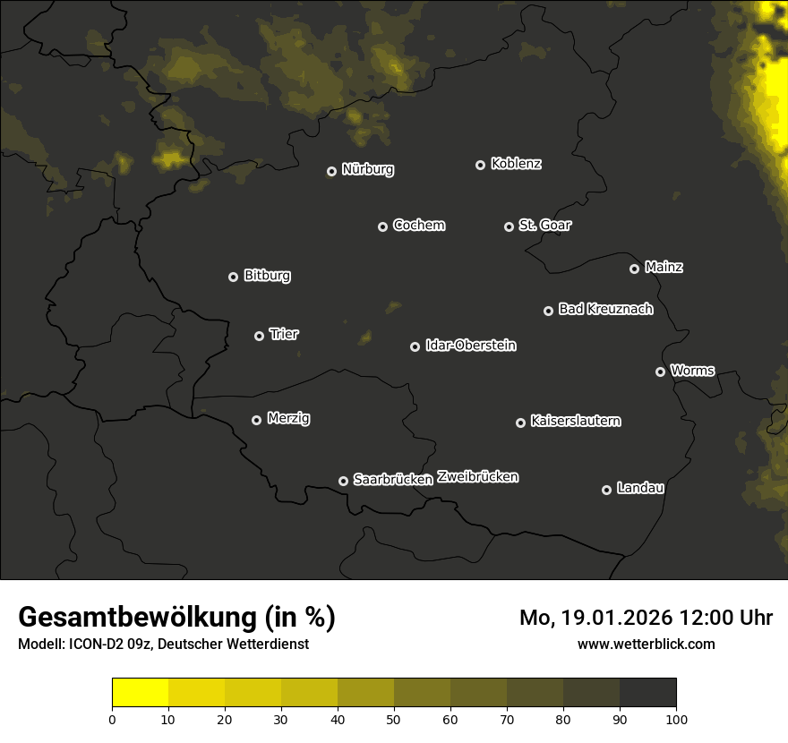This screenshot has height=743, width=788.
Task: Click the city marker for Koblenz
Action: [x=480, y=165]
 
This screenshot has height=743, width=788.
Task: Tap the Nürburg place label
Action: [x=367, y=169]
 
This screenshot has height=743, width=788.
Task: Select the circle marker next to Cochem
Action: [x=382, y=226]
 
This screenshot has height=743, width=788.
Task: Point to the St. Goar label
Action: [x=544, y=225]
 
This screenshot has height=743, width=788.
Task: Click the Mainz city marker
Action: [x=634, y=269]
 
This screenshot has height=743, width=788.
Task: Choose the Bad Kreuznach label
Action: [x=605, y=309]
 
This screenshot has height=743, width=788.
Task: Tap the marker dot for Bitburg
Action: [x=233, y=277]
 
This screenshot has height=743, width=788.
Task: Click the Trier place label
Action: [x=284, y=334]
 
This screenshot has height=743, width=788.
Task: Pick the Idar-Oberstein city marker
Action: [x=415, y=346]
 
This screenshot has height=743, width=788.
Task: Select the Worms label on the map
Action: [x=692, y=370]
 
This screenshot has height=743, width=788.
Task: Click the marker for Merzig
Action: [x=256, y=420]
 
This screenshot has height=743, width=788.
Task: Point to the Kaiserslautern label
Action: [x=575, y=421]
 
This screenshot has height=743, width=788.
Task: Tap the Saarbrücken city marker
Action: [x=343, y=481]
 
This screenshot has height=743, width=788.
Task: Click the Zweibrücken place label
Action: [x=477, y=476]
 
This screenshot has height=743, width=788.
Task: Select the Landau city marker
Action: [x=606, y=490]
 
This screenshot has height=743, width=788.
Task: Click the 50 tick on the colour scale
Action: [x=394, y=718]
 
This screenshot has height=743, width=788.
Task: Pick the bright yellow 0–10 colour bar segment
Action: [x=140, y=692]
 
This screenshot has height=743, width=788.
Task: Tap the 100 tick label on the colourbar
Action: [x=676, y=718]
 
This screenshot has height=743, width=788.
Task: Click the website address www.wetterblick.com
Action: [x=646, y=644]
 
